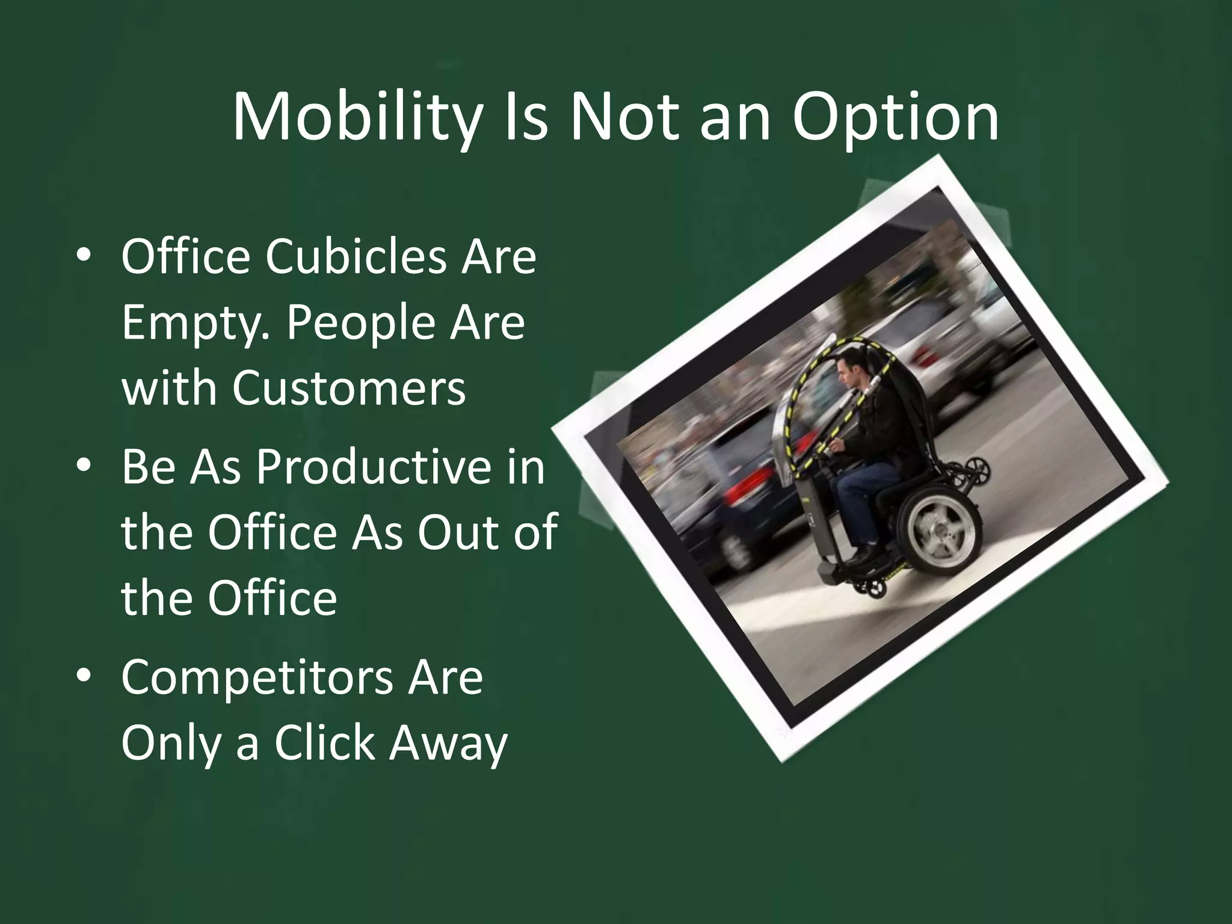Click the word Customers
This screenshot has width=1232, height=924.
pos(349,387)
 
